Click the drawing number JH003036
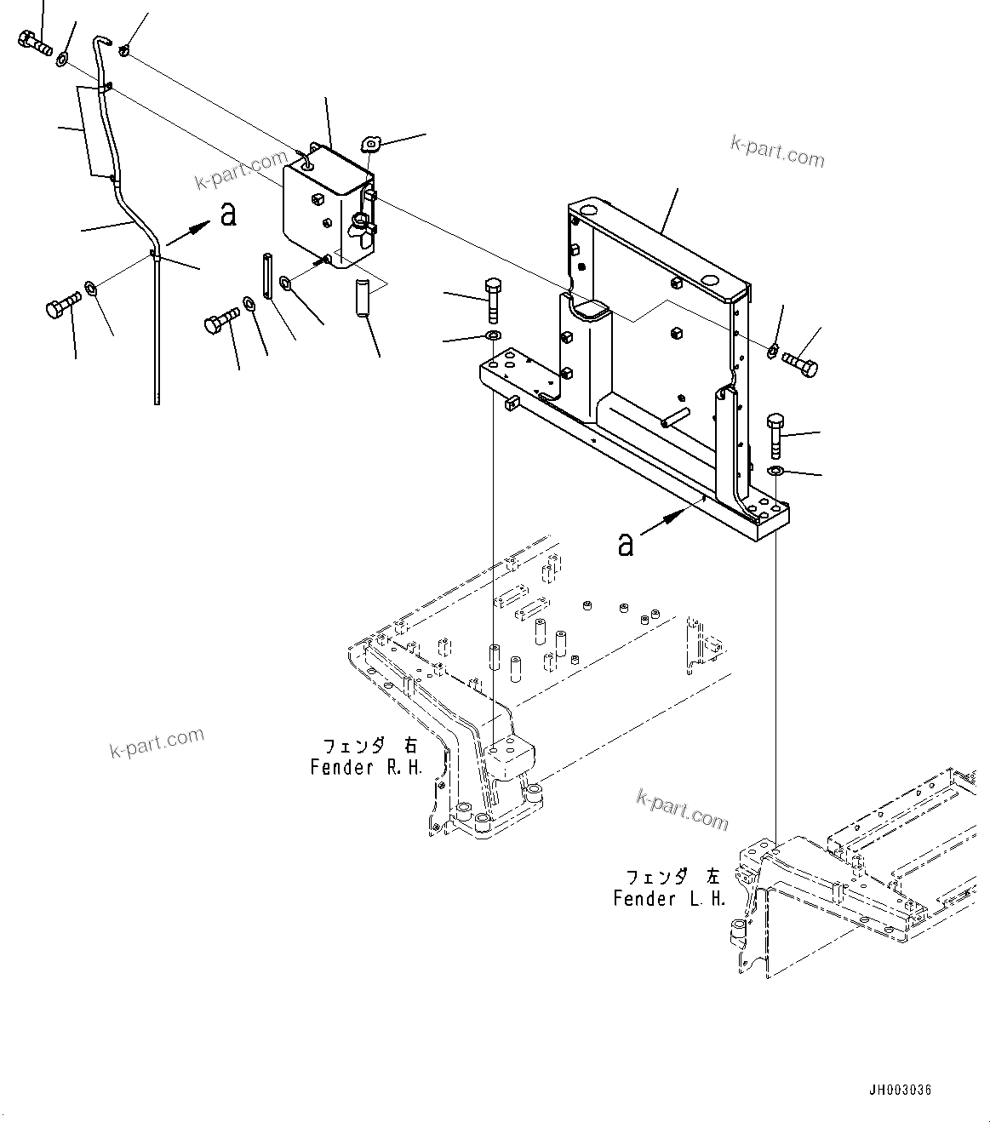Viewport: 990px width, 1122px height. [x=900, y=1089]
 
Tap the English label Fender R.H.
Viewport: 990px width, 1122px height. [x=366, y=767]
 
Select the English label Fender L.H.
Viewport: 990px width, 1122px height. [x=669, y=898]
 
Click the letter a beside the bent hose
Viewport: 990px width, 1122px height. [x=227, y=215]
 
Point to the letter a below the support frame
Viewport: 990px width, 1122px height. [x=626, y=544]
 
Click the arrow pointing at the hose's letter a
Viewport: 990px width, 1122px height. [x=188, y=234]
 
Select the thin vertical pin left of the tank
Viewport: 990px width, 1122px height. [x=267, y=276]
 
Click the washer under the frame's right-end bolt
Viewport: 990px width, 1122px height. [x=775, y=471]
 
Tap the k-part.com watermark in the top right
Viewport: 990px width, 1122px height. [x=776, y=151]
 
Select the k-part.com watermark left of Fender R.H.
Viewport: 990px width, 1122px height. [x=157, y=742]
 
